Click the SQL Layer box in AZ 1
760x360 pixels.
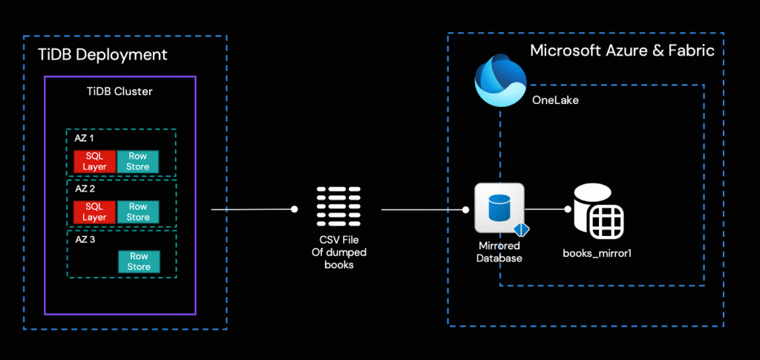94,161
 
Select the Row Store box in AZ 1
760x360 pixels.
138,161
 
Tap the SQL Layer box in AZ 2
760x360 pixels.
94,212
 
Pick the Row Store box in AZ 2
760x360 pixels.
138,212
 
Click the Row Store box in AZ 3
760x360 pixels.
138,261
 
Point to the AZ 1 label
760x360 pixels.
84,139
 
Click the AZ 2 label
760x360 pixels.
84,189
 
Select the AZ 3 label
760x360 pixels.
84,239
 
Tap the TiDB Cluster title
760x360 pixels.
120,91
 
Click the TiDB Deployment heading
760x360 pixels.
102,55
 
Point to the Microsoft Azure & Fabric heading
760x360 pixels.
622,50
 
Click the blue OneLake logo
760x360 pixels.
500,82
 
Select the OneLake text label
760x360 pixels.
555,99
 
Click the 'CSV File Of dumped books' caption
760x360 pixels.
339,252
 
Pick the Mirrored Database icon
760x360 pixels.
499,209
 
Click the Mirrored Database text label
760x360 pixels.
499,252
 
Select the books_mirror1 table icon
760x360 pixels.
598,210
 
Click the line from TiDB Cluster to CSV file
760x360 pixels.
252,210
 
